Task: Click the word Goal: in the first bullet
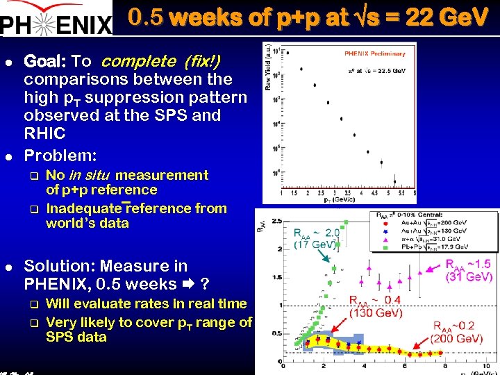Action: pyautogui.click(x=45, y=62)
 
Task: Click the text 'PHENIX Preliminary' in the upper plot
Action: pyautogui.click(x=374, y=53)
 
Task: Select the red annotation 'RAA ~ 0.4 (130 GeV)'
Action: pyautogui.click(x=375, y=306)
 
